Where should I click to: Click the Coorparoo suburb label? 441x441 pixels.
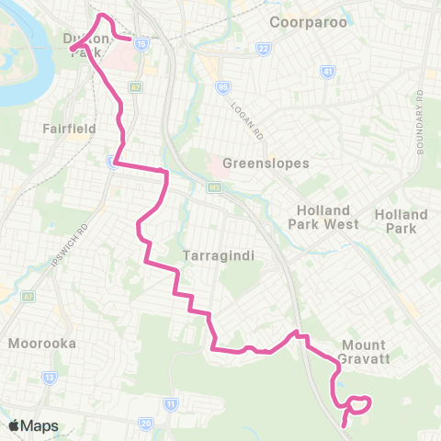pyautogui.click(x=309, y=21)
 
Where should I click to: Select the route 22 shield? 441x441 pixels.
pyautogui.click(x=263, y=48)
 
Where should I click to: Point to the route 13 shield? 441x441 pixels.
pyautogui.click(x=49, y=377)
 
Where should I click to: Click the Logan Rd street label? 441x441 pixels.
pyautogui.click(x=247, y=121)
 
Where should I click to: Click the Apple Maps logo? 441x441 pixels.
pyautogui.click(x=33, y=425)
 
